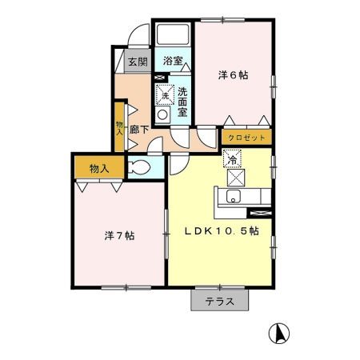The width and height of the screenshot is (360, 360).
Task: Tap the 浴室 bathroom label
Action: coord(173,61)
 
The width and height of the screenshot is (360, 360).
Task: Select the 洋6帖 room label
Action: coord(233,75)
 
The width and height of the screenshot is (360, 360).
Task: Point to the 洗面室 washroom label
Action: coord(183,102)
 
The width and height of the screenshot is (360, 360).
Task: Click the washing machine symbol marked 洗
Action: coord(164,95)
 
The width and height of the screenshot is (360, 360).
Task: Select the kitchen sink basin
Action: coord(234,197)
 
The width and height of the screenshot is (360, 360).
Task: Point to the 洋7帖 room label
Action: coord(118,236)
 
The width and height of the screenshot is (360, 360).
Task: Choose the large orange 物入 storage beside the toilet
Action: coord(98,169)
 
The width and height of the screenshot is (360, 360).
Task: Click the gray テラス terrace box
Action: coord(219,302)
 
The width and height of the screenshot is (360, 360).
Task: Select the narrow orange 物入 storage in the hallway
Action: coord(119,126)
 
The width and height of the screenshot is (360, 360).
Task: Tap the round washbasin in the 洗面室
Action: coord(163,114)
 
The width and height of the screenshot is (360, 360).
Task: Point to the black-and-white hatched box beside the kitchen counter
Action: coord(261,213)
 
